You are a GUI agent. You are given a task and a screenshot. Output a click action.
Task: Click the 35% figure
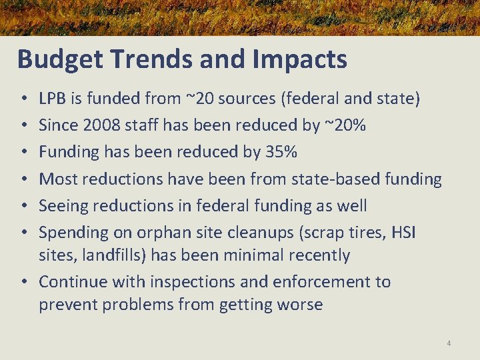281,152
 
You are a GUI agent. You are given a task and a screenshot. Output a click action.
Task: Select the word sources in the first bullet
249,99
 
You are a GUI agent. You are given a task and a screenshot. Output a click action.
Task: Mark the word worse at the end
301,305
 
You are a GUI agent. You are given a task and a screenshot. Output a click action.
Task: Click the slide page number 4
449,343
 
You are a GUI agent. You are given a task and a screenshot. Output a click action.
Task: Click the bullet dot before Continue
24,282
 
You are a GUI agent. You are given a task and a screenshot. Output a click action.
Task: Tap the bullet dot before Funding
24,152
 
